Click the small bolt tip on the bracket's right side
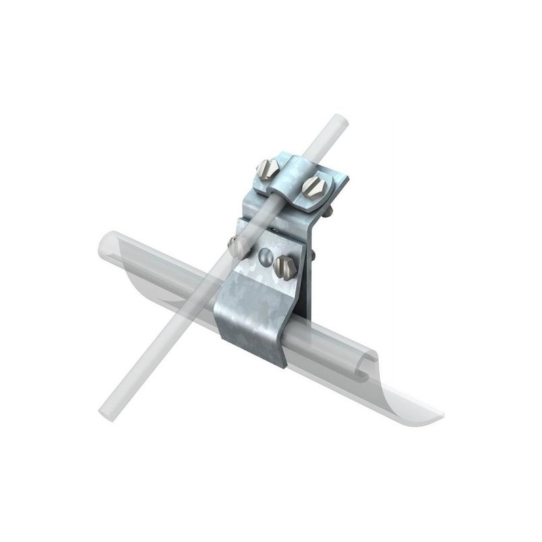[314, 255]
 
